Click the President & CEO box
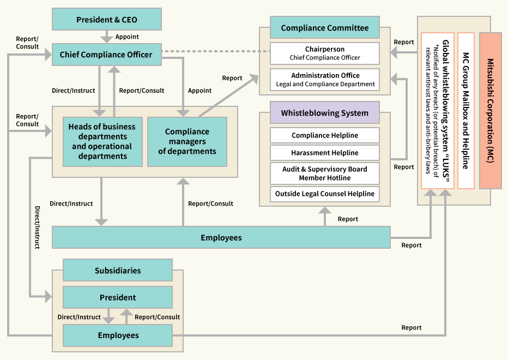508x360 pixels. (106, 20)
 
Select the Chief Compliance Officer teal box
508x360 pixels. (106, 55)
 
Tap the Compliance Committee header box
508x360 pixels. (325, 28)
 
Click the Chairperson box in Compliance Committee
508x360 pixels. (325, 53)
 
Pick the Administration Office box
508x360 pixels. (325, 80)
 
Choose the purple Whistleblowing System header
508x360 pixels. (325, 113)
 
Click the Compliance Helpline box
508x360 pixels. (325, 136)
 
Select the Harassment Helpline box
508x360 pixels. (325, 153)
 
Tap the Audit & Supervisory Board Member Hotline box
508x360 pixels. (325, 173)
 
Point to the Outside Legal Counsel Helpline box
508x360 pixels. (325, 194)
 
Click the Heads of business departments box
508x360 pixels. (102, 141)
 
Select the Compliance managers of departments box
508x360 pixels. (187, 141)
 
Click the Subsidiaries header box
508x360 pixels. (118, 270)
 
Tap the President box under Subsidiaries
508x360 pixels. (118, 297)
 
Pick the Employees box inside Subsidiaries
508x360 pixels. (118, 335)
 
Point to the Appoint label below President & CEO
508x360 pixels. (127, 37)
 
